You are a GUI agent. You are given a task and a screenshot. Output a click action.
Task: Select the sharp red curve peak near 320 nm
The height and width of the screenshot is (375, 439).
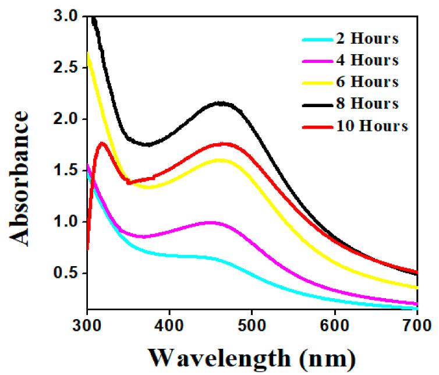pyautogui.click(x=102, y=143)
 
